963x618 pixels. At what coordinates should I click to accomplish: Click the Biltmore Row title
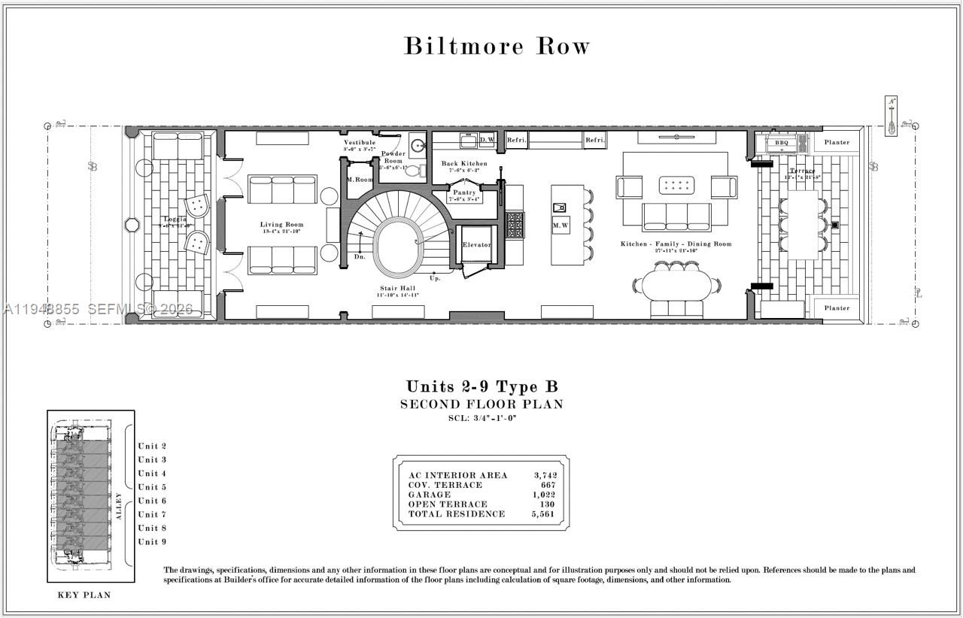497,46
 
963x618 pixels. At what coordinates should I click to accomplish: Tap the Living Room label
281,225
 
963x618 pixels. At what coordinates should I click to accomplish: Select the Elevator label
476,245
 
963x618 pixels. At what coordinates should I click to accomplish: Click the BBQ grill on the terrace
782,142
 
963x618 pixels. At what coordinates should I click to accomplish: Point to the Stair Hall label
397,288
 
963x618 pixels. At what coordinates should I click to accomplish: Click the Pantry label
464,193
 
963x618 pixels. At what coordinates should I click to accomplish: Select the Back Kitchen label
464,164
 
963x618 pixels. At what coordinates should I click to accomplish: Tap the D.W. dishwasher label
487,140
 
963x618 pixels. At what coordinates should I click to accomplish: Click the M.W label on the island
560,225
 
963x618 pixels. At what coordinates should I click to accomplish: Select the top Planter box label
837,142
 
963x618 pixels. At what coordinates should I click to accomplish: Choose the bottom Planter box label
837,308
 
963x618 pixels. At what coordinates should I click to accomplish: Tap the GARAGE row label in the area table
430,495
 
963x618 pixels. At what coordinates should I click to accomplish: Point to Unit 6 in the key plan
152,501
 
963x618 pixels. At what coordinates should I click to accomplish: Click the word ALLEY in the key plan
119,507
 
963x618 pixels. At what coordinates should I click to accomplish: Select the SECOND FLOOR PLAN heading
481,404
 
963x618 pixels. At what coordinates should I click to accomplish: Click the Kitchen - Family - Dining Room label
676,244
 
